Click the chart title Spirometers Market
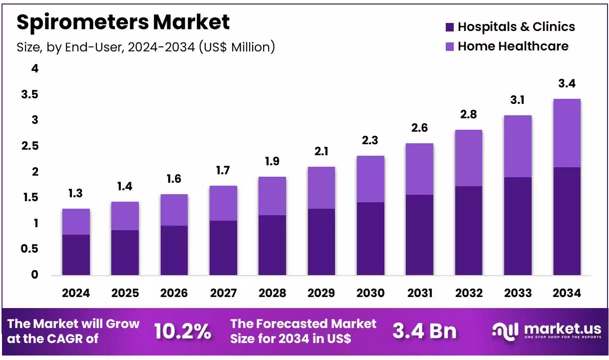(x=123, y=22)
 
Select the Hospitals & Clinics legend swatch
(x=449, y=27)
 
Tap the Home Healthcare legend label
(x=513, y=46)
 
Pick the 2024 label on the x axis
(x=76, y=293)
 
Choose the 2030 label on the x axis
(x=370, y=293)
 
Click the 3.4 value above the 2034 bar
(x=567, y=83)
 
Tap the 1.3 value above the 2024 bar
(x=76, y=193)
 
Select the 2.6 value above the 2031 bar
(x=419, y=128)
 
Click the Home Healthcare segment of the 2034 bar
(x=567, y=133)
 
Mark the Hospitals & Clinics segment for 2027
(x=223, y=248)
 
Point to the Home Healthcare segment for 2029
(x=321, y=188)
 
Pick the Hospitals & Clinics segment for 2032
(x=469, y=230)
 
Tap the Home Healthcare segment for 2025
(x=125, y=216)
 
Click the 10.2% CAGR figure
(x=182, y=331)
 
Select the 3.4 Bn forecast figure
(x=424, y=331)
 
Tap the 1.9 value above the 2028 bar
(x=272, y=161)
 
